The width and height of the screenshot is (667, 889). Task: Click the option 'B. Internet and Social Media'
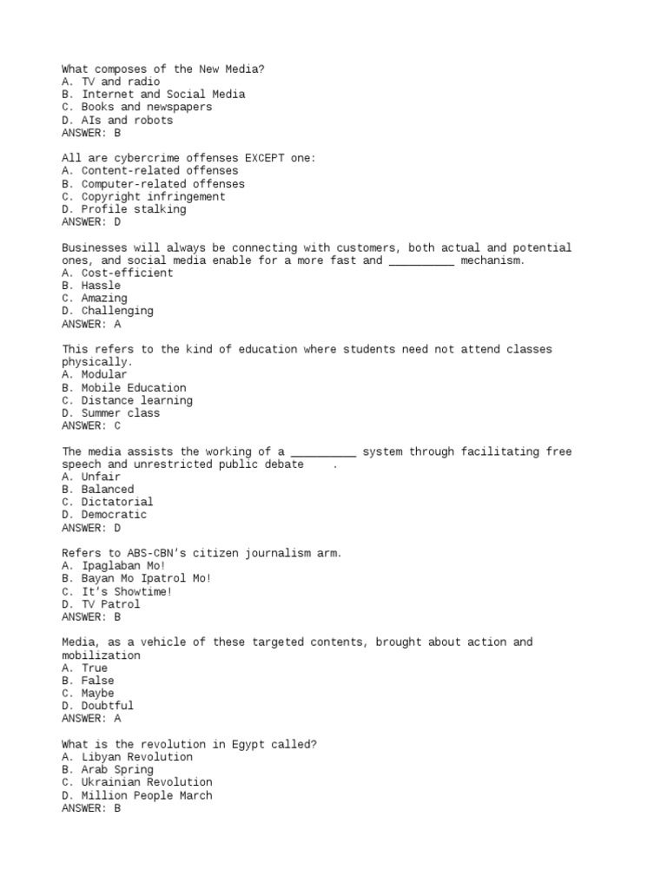click(x=153, y=95)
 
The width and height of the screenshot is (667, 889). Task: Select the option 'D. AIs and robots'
click(x=117, y=120)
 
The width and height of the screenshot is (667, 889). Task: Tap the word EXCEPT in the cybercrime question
click(x=264, y=158)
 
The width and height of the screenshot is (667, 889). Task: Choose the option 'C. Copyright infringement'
click(x=143, y=196)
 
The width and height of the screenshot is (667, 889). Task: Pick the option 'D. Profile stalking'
click(x=123, y=209)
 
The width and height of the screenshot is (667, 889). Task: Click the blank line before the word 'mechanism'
click(x=421, y=260)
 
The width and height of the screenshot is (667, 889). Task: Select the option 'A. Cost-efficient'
click(x=117, y=273)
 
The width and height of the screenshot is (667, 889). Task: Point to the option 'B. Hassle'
click(x=91, y=286)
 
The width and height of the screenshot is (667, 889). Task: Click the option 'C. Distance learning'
click(x=127, y=400)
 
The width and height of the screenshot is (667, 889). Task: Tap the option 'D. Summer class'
click(x=110, y=413)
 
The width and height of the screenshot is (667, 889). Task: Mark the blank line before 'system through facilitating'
click(x=323, y=451)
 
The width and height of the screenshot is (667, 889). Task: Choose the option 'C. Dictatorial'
click(x=107, y=502)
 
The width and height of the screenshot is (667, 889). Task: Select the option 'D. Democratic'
click(x=104, y=515)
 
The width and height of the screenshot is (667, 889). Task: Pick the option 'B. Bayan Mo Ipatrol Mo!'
click(x=136, y=578)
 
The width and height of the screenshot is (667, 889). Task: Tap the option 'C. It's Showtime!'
click(x=117, y=591)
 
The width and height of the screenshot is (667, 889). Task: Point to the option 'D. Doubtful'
click(x=97, y=706)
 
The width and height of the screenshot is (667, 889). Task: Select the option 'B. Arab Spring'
click(x=107, y=769)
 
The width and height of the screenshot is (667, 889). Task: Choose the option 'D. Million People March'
click(x=136, y=795)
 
